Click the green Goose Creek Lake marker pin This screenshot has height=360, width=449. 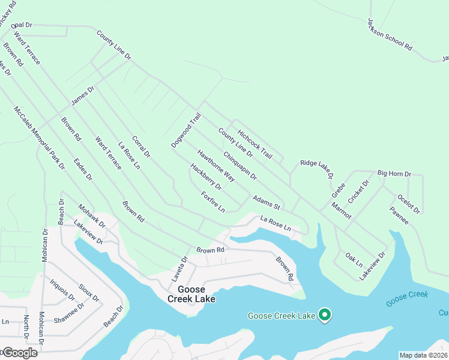coord(325,314)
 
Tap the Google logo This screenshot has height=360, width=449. coord(19,352)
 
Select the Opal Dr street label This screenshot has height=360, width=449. coord(21,25)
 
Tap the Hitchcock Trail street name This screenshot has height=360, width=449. coord(255,145)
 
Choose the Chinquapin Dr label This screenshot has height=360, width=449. coord(240,166)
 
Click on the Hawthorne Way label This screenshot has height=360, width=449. coord(216,166)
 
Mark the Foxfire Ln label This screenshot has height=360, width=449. coord(213,202)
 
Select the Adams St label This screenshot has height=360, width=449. coord(267,202)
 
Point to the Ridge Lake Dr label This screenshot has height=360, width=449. coord(316,170)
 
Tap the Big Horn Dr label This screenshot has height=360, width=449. coord(394,173)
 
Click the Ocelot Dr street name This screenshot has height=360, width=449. coord(409,203)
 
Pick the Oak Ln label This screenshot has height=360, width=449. coord(354,259)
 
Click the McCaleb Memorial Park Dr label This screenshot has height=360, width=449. coord(40,139)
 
